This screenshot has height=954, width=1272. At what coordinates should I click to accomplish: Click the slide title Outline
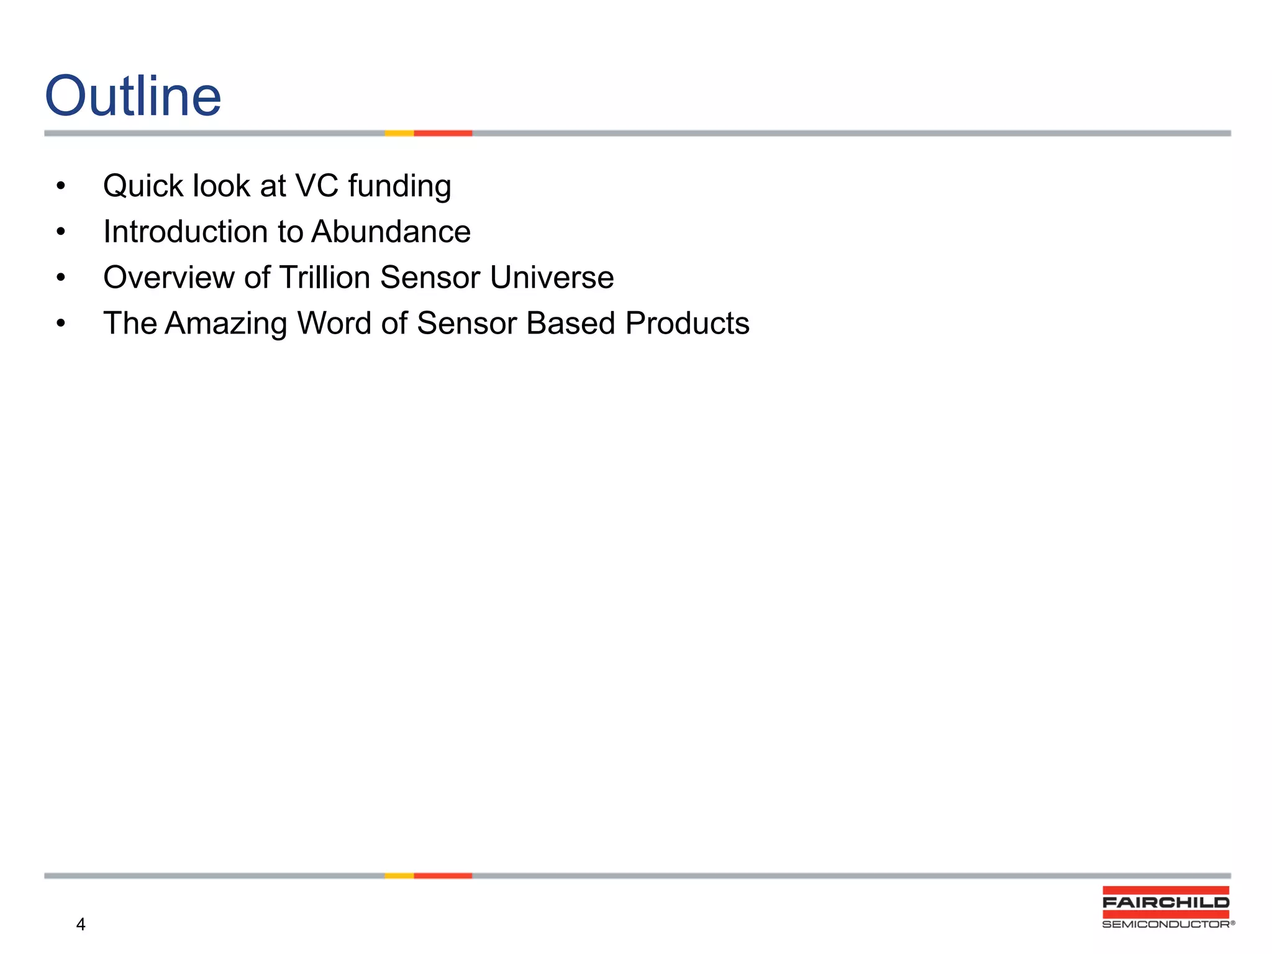pyautogui.click(x=133, y=96)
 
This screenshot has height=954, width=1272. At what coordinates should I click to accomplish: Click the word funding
pyautogui.click(x=399, y=187)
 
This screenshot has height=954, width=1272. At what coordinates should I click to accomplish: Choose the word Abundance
pyautogui.click(x=391, y=232)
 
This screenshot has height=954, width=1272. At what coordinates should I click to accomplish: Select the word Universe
pyautogui.click(x=552, y=277)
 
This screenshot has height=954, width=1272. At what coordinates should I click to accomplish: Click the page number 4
pyautogui.click(x=81, y=924)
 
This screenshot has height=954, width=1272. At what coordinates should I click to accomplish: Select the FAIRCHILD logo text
pyautogui.click(x=1166, y=902)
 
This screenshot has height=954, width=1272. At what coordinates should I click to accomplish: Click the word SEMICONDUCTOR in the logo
pyautogui.click(x=1166, y=924)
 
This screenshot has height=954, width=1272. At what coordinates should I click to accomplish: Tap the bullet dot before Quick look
pyautogui.click(x=60, y=186)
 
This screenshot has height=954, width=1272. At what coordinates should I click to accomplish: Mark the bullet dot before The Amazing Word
pyautogui.click(x=60, y=323)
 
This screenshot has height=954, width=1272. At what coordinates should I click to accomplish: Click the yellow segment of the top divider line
pyautogui.click(x=399, y=133)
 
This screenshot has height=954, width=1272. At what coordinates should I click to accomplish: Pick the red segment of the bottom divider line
pyautogui.click(x=443, y=876)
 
